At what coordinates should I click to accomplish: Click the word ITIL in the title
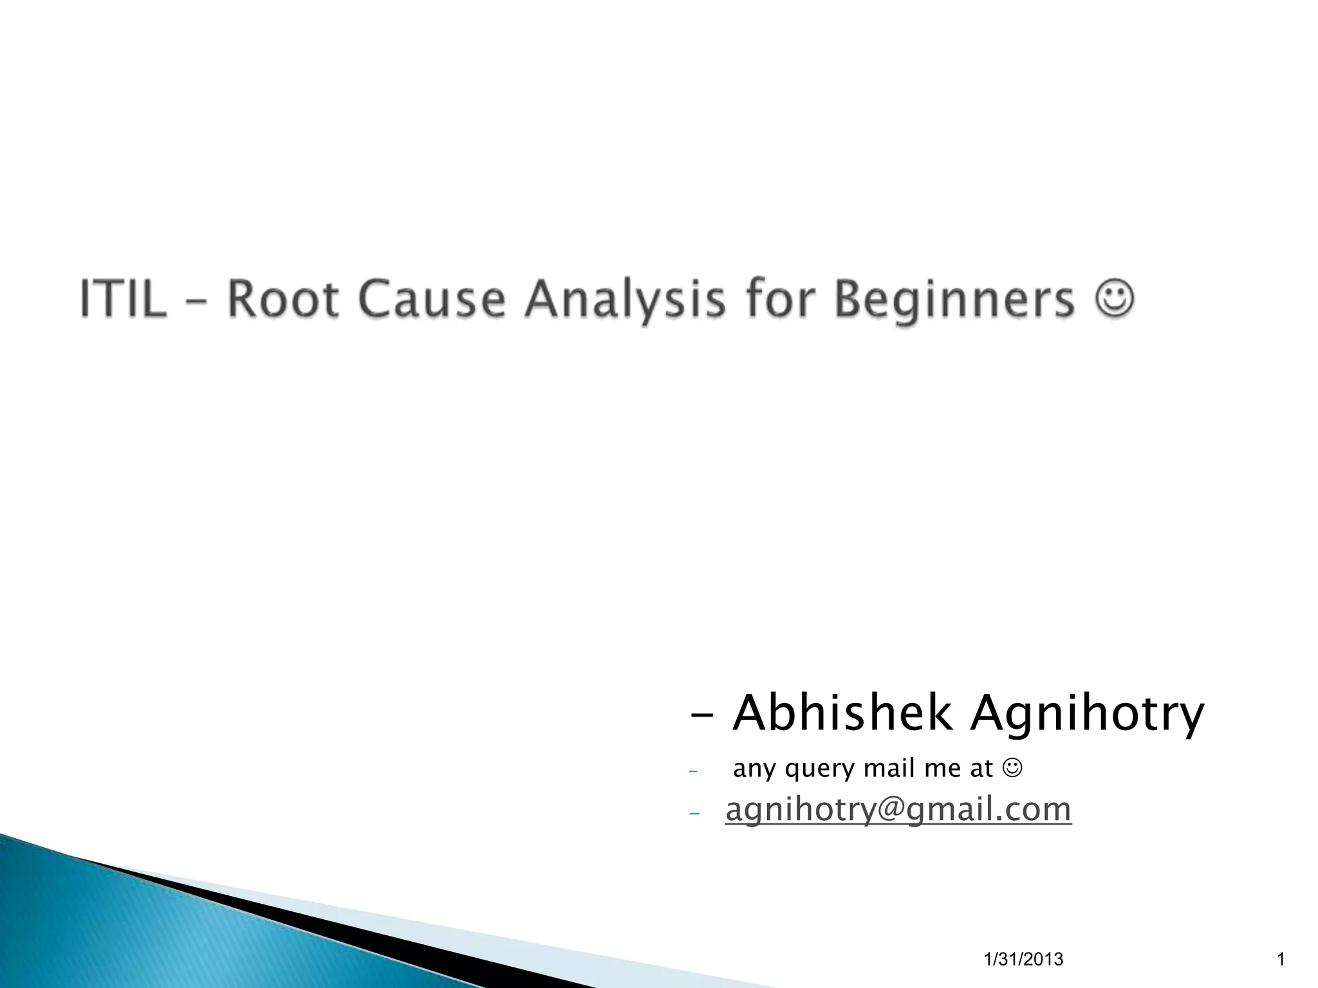(x=123, y=299)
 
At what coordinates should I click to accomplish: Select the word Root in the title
(x=284, y=299)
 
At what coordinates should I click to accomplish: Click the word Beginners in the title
(x=954, y=300)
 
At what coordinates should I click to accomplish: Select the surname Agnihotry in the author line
(x=1087, y=715)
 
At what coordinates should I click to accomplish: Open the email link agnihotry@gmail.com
(x=898, y=809)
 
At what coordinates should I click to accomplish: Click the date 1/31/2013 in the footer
(x=1024, y=960)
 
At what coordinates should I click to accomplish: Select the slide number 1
(x=1280, y=960)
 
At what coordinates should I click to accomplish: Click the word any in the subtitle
(x=756, y=769)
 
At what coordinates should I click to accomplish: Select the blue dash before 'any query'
(x=693, y=771)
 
